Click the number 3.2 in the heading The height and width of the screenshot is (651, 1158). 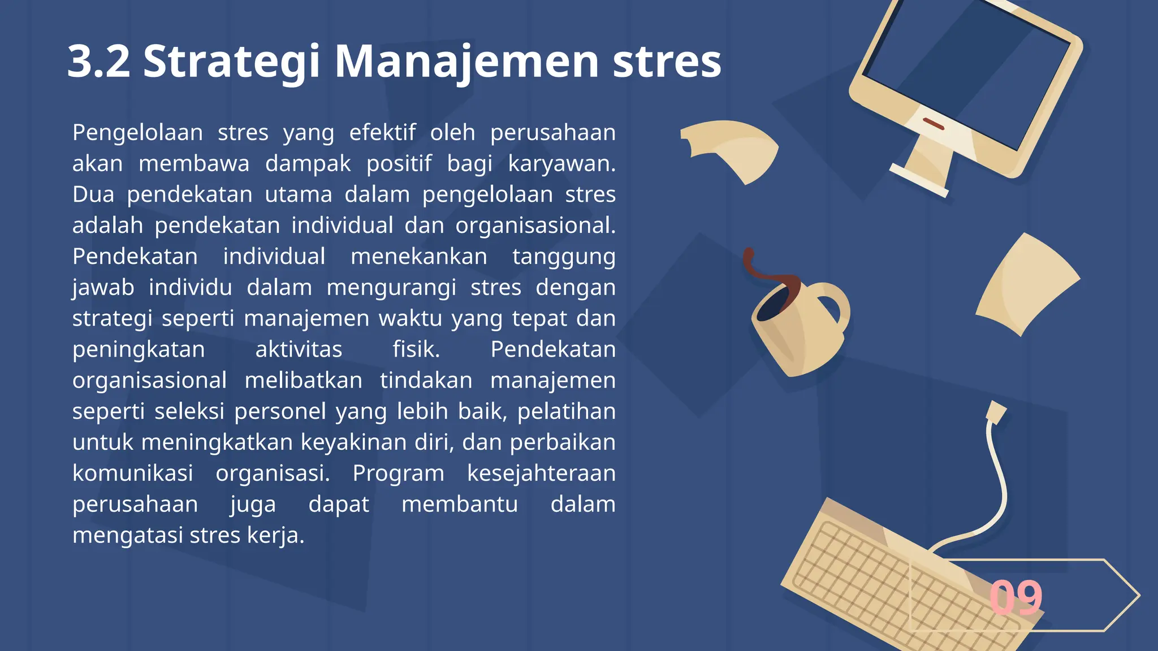click(x=99, y=61)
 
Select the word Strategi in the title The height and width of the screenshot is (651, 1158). click(x=232, y=62)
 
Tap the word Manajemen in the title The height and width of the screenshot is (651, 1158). click(x=466, y=62)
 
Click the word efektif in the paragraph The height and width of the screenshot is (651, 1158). click(x=382, y=133)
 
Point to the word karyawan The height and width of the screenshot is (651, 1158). click(x=560, y=164)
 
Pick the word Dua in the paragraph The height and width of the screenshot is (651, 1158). click(x=93, y=194)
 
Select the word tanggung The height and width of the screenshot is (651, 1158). click(x=564, y=257)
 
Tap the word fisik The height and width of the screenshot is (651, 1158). click(x=416, y=349)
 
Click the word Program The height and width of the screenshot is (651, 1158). click(x=399, y=473)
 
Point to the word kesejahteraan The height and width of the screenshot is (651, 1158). click(x=541, y=473)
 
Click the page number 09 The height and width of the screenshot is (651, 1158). click(x=1016, y=597)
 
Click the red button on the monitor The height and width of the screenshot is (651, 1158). click(x=933, y=123)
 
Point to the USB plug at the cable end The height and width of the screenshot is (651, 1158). click(x=996, y=411)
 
